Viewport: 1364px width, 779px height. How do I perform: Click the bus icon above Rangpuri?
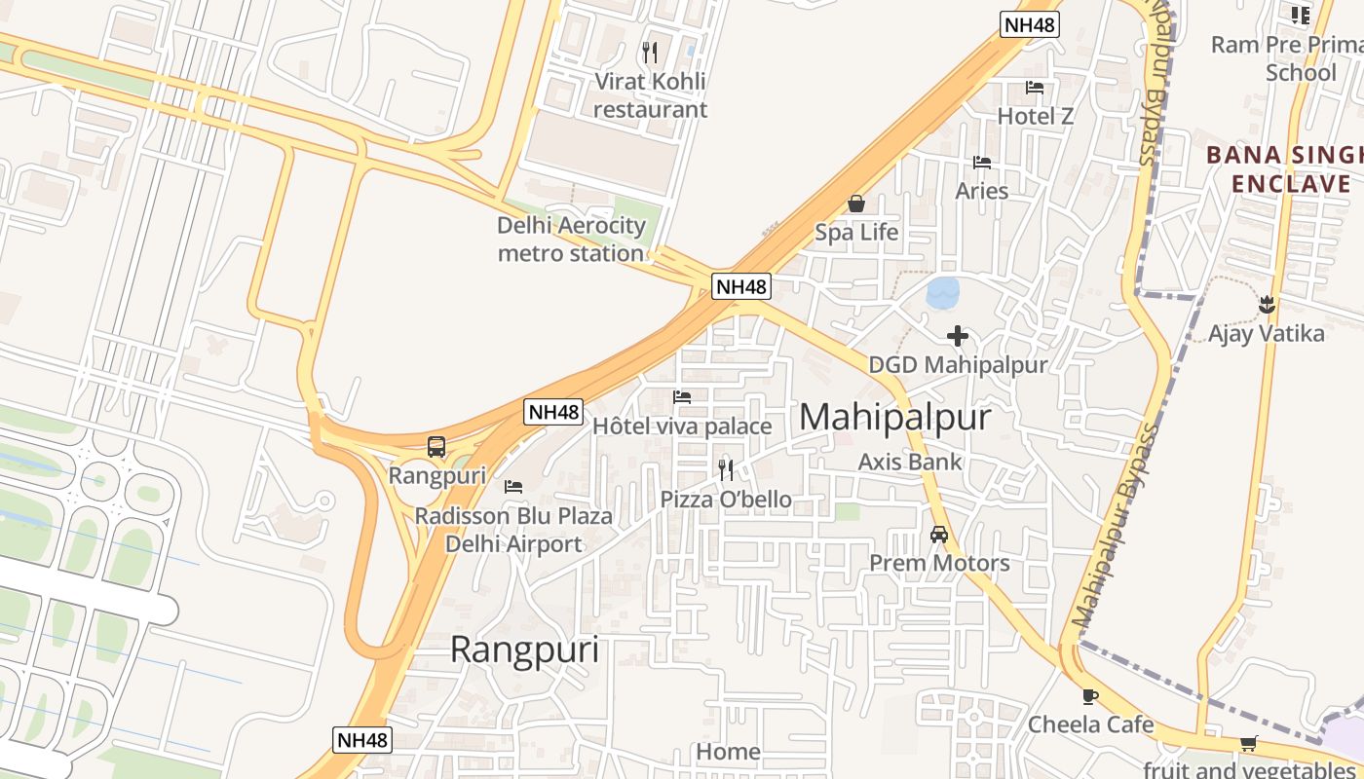436,447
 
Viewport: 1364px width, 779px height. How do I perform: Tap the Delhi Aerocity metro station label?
571,240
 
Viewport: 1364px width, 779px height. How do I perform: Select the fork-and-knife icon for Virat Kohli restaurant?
650,52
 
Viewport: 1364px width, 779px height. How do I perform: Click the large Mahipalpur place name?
894,418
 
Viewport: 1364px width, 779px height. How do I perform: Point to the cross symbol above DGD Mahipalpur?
958,336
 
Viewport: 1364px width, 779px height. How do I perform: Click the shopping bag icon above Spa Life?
856,204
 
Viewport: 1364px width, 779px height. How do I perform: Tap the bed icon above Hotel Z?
1035,88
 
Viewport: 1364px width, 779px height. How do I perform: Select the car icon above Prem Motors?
939,535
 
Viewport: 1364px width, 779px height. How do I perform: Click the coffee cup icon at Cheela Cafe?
1089,696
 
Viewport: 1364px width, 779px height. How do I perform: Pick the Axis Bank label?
910,462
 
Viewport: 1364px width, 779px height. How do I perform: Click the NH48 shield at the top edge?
1029,24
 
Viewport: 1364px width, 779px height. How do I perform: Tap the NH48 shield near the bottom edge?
362,740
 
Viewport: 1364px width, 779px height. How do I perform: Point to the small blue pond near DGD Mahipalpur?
942,293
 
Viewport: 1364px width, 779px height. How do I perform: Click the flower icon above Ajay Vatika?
1267,304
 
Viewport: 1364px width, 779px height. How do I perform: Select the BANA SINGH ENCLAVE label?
1284,169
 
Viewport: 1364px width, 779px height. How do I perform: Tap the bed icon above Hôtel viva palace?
682,397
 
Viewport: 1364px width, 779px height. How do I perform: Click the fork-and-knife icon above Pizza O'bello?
725,470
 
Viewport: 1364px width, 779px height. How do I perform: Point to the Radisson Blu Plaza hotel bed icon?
513,486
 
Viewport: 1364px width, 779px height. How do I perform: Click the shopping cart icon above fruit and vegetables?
1248,744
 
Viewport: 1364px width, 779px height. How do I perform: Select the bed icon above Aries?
981,162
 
